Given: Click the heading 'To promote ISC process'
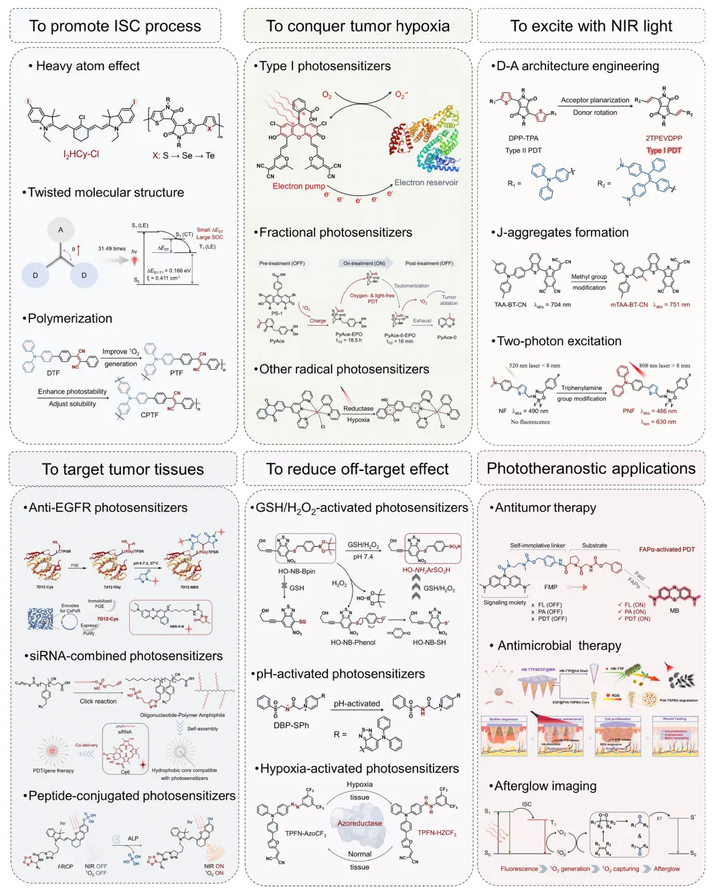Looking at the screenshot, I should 115,26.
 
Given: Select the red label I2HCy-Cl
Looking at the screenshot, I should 81,155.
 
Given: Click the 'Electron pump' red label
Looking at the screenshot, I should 298,186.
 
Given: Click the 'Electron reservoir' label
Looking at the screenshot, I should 426,183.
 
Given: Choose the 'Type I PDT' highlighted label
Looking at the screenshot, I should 664,151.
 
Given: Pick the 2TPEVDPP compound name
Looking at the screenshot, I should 664,138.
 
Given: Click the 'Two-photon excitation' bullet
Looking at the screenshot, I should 559,341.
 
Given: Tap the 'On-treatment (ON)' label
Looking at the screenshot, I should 364,264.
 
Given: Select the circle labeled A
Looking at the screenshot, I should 60,230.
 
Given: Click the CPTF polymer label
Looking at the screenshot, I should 150,415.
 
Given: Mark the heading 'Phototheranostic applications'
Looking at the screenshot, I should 591,468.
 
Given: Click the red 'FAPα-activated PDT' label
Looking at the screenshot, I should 666,550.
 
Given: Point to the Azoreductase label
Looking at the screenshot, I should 359,823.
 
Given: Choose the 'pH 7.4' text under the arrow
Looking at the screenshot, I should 363,557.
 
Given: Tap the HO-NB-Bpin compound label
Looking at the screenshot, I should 296,571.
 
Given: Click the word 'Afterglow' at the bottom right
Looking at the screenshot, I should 666,869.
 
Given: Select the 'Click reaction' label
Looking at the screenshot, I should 98,701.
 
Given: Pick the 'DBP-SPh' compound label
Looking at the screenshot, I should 291,725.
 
